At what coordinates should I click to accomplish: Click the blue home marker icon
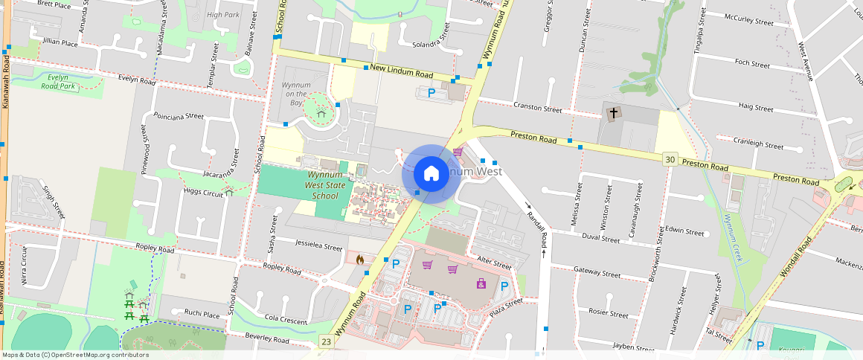[431, 173]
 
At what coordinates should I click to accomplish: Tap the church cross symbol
[614, 114]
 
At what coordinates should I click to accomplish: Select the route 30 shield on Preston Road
[670, 158]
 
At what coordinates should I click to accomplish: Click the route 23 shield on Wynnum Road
[326, 341]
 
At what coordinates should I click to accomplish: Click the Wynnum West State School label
[324, 185]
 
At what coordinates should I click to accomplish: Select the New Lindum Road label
[401, 71]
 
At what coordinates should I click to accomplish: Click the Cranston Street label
[538, 109]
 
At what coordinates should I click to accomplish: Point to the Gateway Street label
[597, 274]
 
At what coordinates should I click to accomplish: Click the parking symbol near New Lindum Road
[431, 93]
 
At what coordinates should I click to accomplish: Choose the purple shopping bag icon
[481, 283]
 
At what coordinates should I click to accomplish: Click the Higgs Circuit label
[203, 192]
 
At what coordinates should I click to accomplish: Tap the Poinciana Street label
[178, 116]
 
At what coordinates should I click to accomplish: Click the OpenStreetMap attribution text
[75, 355]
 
